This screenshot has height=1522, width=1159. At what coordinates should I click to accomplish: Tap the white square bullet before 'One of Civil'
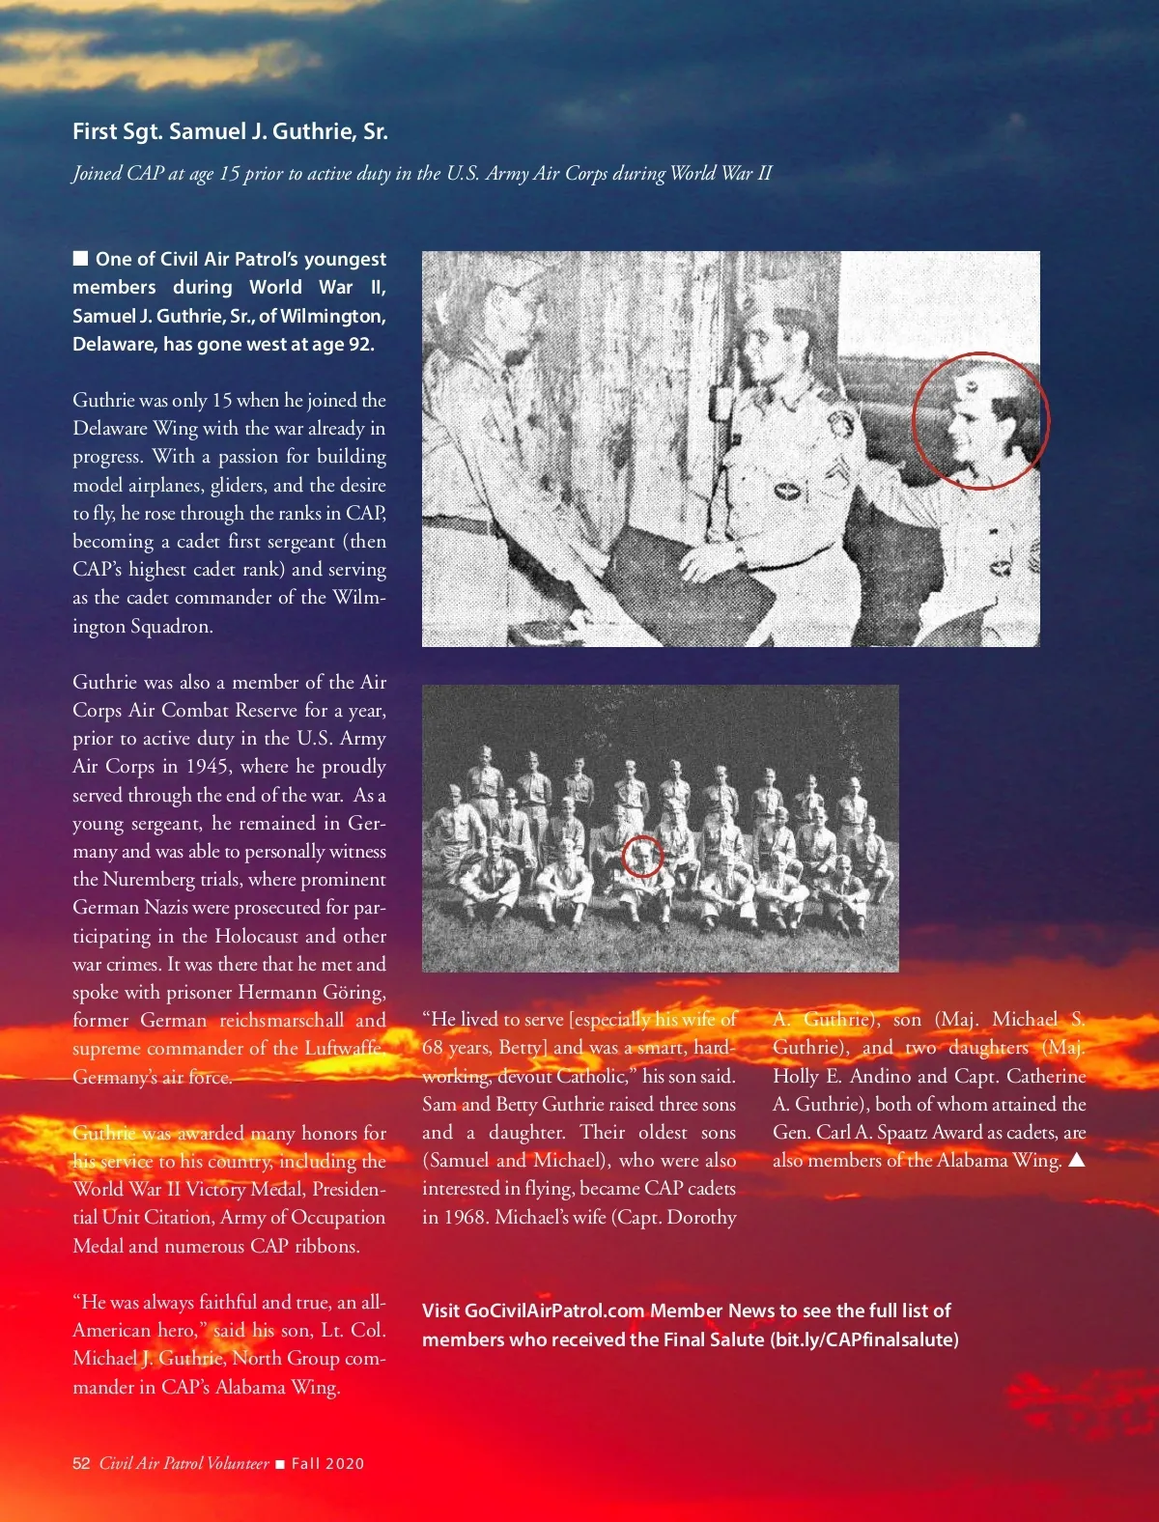pyautogui.click(x=81, y=258)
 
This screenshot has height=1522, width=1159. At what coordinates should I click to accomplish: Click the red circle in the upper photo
pyautogui.click(x=980, y=420)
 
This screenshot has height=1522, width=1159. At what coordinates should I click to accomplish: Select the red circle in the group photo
pyautogui.click(x=642, y=857)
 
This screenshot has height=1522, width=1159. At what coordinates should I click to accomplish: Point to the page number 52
pyautogui.click(x=81, y=1463)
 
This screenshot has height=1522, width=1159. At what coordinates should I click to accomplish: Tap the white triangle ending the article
pyautogui.click(x=1076, y=1160)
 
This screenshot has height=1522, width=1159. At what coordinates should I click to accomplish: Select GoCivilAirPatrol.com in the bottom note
pyautogui.click(x=554, y=1311)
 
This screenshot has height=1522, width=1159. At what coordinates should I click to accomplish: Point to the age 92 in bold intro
pyautogui.click(x=358, y=344)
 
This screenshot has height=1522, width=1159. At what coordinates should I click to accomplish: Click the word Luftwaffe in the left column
pyautogui.click(x=343, y=1048)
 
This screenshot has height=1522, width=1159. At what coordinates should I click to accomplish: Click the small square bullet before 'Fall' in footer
pyautogui.click(x=280, y=1464)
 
